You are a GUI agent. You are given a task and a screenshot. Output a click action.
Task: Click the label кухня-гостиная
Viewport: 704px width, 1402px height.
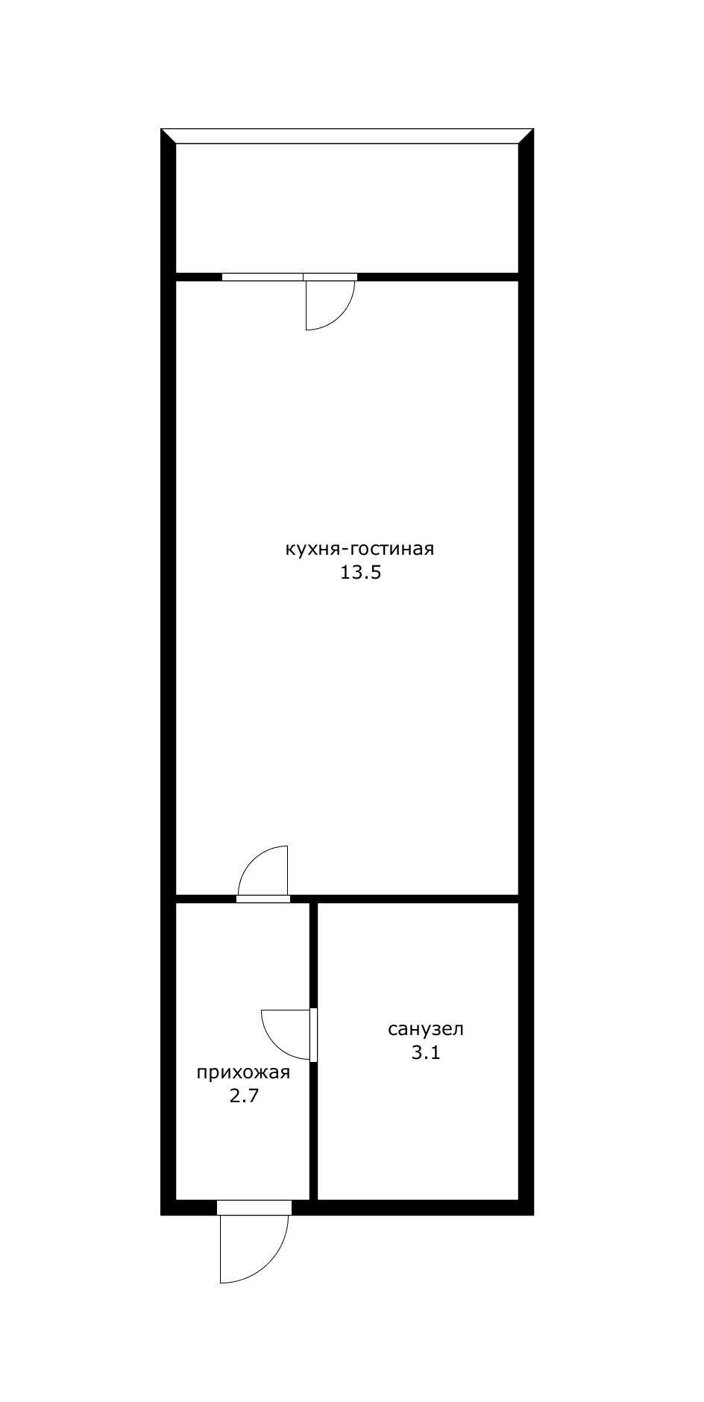(x=359, y=550)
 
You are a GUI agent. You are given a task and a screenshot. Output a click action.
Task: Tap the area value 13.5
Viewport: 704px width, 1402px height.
(x=361, y=573)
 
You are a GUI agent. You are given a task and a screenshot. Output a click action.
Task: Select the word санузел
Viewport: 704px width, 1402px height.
(x=426, y=1029)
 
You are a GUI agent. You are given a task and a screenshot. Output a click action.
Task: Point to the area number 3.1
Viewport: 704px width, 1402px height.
(x=426, y=1053)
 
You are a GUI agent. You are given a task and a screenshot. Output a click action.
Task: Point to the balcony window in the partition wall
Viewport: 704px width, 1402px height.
(x=263, y=277)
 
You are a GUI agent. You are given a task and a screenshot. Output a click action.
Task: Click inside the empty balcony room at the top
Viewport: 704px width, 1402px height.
(x=347, y=208)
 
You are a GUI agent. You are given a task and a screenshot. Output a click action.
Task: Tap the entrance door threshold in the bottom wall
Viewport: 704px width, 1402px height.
(x=254, y=1207)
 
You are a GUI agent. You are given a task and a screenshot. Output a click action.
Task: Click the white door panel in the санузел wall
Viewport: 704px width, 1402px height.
(x=314, y=1035)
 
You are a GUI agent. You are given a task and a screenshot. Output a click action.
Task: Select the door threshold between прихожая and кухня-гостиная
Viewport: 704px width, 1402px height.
(x=263, y=899)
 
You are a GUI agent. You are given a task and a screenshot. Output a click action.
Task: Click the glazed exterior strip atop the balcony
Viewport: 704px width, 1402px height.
(x=348, y=136)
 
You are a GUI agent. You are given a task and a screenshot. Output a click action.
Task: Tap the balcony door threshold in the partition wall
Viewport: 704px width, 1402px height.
(x=330, y=277)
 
